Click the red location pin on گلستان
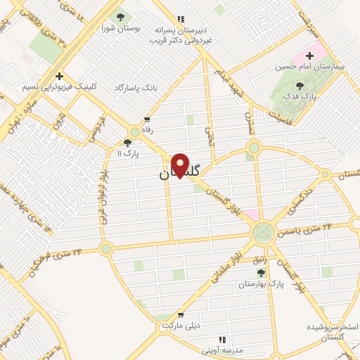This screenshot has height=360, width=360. [180, 165]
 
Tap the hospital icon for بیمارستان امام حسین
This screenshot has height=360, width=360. [309, 55]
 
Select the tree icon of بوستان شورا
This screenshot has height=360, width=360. [120, 17]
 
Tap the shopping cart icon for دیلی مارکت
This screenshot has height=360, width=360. [181, 315]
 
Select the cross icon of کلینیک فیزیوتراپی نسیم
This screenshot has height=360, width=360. [60, 76]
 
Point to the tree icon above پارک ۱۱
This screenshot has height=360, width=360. [127, 143]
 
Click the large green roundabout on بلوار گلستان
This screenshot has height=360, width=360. [264, 231]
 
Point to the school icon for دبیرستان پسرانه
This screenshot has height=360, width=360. [180, 19]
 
